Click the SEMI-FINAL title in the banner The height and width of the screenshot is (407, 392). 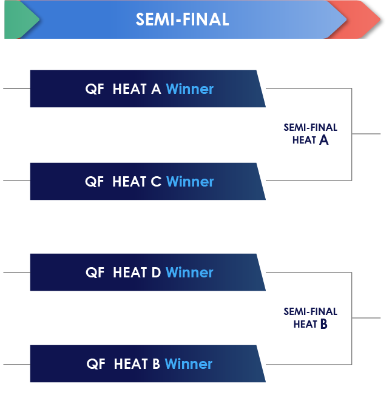click(x=182, y=19)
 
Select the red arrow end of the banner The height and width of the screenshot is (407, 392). click(x=364, y=19)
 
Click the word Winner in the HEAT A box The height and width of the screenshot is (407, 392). click(x=189, y=89)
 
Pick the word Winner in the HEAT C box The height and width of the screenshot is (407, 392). click(x=190, y=182)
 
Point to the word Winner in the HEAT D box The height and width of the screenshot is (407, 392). click(x=189, y=273)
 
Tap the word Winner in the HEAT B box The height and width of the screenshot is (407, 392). click(x=189, y=364)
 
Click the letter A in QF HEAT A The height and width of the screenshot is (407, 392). click(x=156, y=89)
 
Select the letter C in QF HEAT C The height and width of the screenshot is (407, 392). click(x=156, y=182)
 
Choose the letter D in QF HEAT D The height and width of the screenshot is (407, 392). click(x=156, y=273)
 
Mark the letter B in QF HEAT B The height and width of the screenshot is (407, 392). click(x=156, y=364)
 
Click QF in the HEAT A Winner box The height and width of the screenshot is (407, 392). click(x=95, y=89)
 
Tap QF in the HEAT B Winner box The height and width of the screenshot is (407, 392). click(x=96, y=364)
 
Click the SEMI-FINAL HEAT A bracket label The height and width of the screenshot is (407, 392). click(x=310, y=134)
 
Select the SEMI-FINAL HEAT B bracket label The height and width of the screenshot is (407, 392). click(x=310, y=317)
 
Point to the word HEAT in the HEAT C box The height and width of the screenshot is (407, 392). click(x=129, y=182)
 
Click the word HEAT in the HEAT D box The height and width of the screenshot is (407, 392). click(x=130, y=273)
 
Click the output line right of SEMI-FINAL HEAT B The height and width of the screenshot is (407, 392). click(x=367, y=317)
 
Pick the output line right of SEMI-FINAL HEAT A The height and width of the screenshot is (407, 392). click(x=367, y=134)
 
